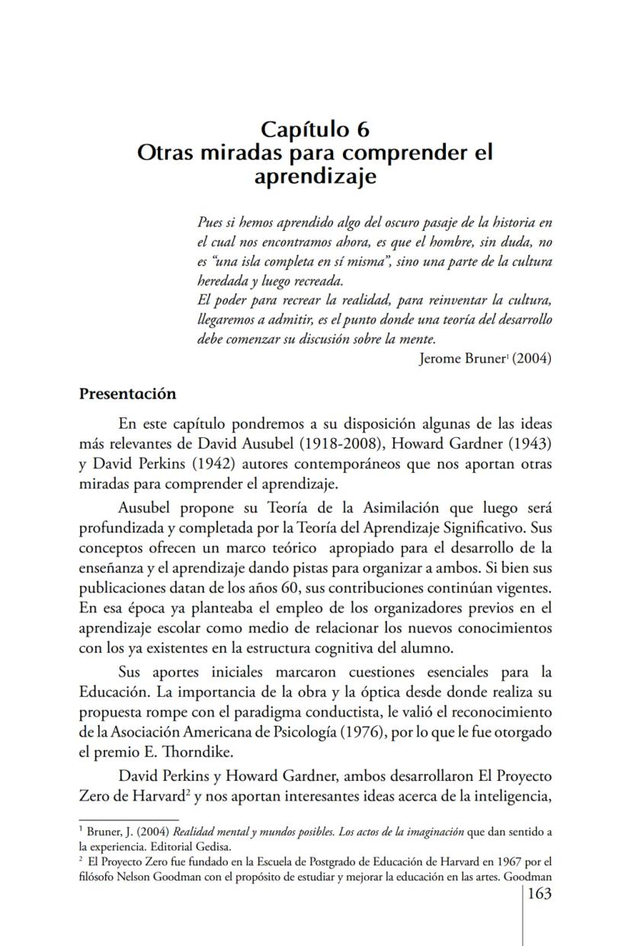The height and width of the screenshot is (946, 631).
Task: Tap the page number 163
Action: coord(539,893)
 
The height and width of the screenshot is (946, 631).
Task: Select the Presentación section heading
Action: coord(127,394)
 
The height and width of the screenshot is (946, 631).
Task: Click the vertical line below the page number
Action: coord(523,925)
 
